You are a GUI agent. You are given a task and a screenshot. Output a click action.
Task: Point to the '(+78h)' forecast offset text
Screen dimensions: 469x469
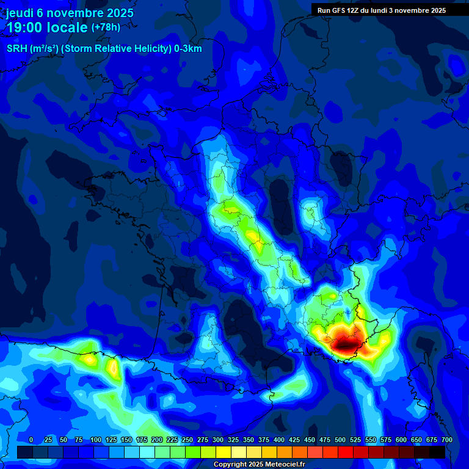point(106,27)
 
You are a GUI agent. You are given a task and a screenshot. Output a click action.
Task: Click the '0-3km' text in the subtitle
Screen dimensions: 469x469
point(188,49)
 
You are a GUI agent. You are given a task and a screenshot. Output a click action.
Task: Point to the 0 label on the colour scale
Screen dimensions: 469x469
point(31,440)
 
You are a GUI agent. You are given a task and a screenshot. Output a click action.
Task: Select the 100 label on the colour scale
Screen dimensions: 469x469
point(96,440)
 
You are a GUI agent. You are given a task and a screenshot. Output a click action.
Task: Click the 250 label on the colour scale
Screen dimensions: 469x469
point(187,440)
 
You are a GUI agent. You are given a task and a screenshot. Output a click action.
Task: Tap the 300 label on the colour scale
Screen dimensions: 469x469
point(218,440)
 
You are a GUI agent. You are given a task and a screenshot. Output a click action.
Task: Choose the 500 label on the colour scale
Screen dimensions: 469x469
point(340,440)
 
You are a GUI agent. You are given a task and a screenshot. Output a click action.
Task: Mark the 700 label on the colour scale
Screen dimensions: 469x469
point(447,440)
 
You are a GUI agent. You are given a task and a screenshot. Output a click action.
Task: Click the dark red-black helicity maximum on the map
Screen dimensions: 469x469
point(346,346)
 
